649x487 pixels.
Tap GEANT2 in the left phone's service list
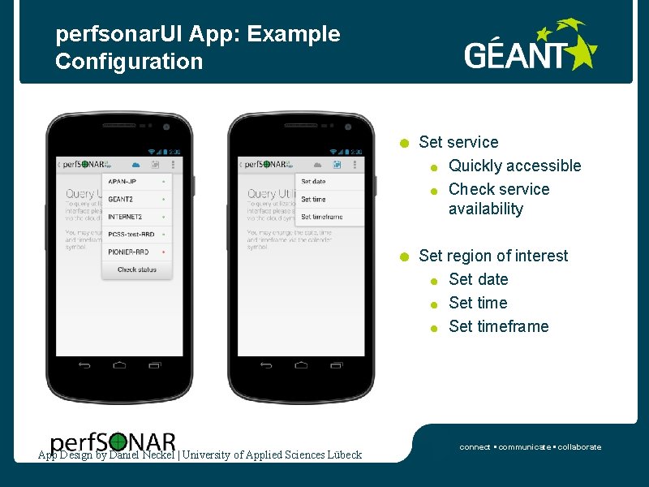click(122, 199)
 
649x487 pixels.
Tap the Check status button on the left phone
click(137, 269)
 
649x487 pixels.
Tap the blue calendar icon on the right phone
click(337, 164)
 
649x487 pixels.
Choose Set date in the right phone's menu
click(314, 182)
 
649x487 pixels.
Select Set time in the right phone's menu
click(313, 199)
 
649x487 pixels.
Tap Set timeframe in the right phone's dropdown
click(322, 217)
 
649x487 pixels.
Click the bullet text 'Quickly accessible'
click(514, 166)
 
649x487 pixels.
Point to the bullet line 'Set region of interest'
click(493, 256)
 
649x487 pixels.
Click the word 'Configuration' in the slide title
click(129, 61)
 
